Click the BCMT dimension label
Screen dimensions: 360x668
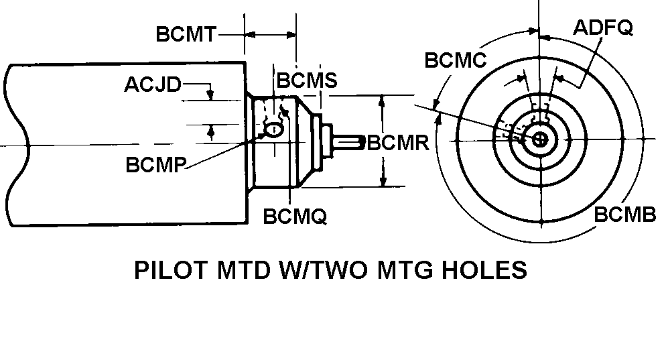[186, 34]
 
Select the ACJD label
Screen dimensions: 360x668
[153, 85]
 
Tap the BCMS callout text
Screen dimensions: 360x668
[307, 80]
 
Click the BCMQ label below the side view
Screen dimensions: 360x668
[295, 217]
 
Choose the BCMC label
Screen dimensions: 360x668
[455, 60]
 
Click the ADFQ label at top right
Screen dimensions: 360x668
[604, 27]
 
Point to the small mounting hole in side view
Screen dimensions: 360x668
[273, 129]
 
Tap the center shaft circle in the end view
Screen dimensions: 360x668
[540, 139]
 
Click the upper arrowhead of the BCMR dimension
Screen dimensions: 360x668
[383, 100]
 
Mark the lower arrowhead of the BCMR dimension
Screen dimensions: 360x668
[383, 181]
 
